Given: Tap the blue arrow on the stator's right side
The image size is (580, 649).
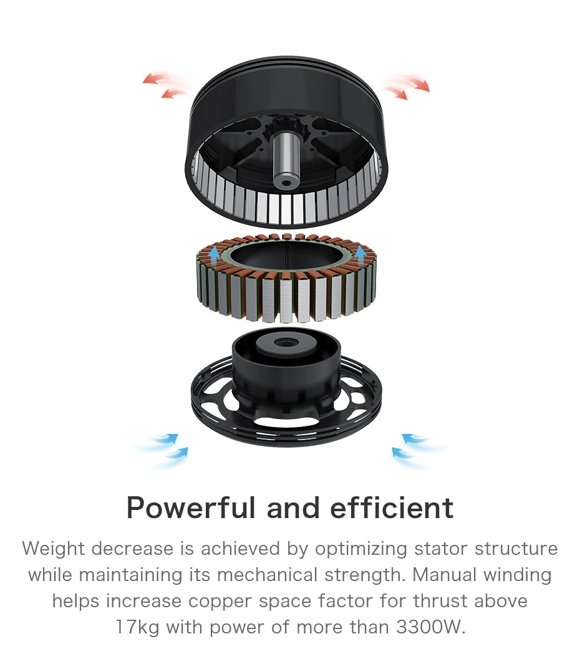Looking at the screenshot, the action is click(360, 256).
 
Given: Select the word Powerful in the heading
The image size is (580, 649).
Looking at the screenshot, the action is click(191, 507).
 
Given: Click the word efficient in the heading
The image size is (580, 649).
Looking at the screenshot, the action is click(392, 507).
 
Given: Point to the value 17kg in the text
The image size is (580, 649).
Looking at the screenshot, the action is click(137, 627).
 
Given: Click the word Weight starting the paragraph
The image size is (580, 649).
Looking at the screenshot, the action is click(53, 549).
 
